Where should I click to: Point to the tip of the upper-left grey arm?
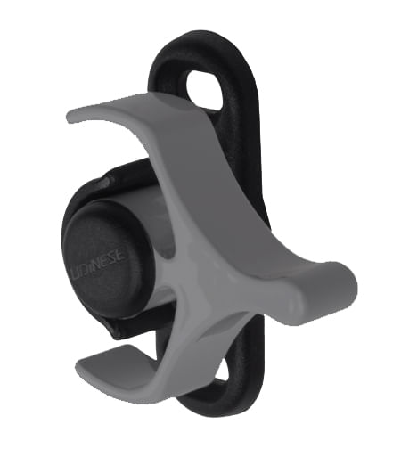(75, 116)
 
